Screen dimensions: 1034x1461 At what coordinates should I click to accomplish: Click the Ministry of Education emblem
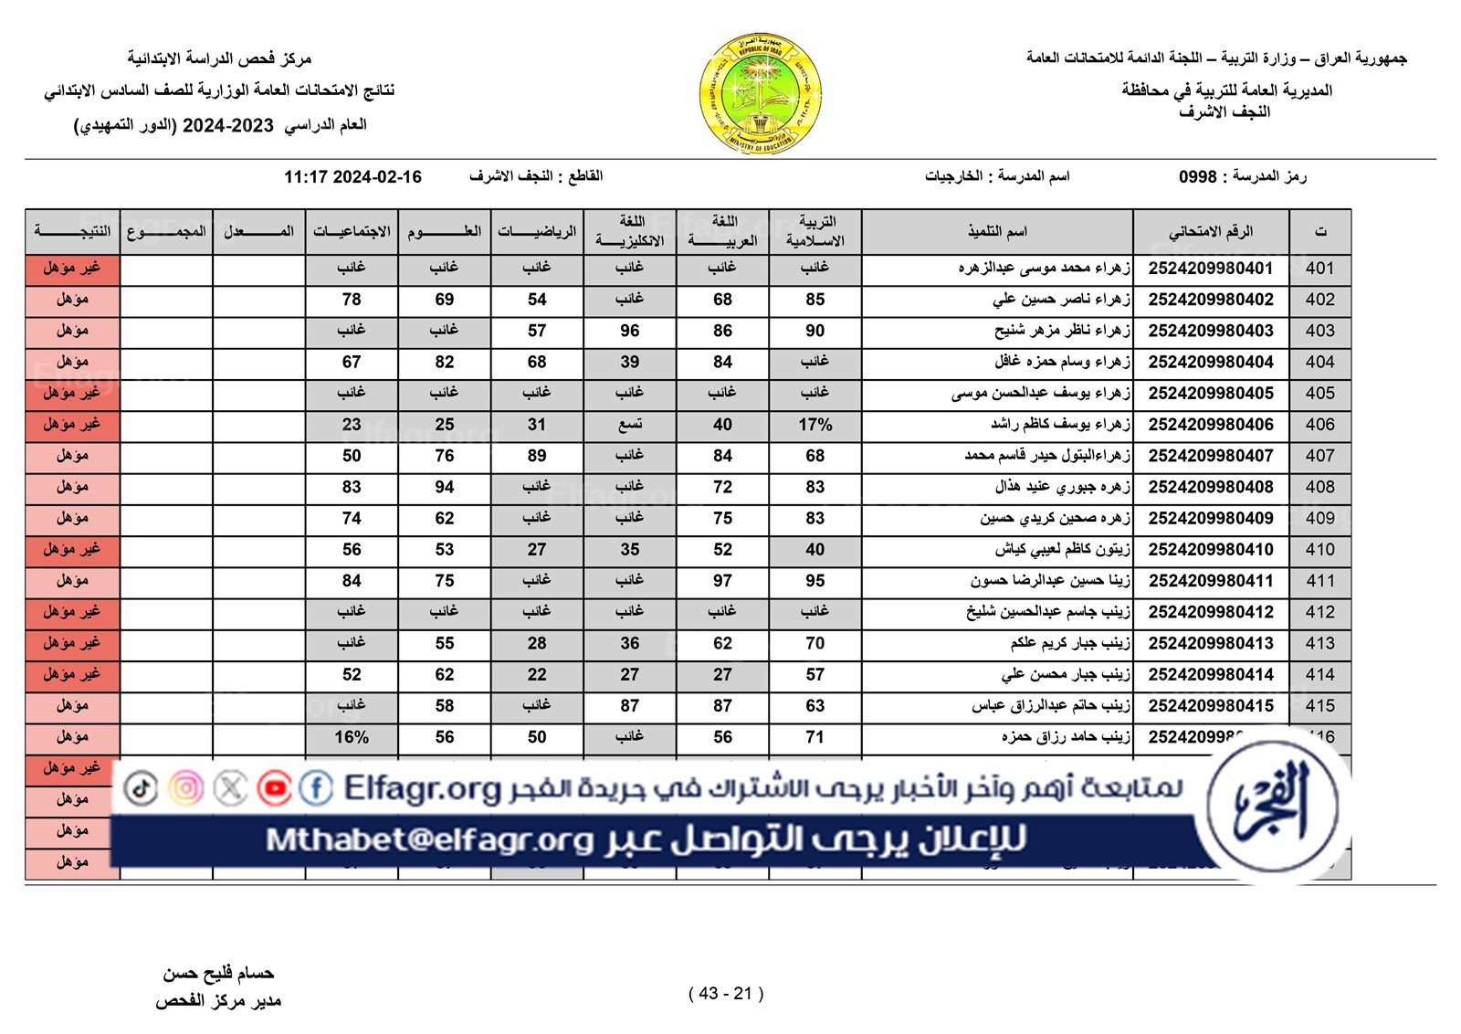[x=761, y=93]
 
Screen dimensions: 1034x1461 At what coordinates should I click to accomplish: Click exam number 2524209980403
[x=1210, y=331]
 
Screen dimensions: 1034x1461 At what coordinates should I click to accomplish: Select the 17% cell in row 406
[x=815, y=425]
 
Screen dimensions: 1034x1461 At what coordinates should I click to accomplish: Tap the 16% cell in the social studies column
[x=352, y=737]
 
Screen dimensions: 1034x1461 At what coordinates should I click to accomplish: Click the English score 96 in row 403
[x=629, y=331]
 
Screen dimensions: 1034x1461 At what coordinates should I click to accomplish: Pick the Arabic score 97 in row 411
[x=722, y=581]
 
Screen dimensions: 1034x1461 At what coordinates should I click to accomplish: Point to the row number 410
[x=1319, y=550]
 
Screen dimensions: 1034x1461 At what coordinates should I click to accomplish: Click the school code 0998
[x=1197, y=176]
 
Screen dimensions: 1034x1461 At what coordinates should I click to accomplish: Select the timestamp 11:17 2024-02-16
[x=352, y=177]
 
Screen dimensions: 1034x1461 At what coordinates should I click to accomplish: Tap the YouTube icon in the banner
[x=274, y=787]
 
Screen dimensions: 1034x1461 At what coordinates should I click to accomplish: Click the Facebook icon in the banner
[x=316, y=787]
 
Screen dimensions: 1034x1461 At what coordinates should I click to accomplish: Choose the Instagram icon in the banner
[x=186, y=787]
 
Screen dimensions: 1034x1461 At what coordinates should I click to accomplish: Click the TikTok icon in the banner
[x=141, y=787]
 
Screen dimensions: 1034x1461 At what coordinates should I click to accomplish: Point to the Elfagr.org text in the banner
[x=422, y=787]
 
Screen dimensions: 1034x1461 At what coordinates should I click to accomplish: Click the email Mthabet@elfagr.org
[x=429, y=839]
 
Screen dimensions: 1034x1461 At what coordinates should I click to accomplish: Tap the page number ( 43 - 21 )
[x=726, y=994]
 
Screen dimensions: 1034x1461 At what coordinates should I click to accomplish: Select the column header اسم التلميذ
[x=997, y=232]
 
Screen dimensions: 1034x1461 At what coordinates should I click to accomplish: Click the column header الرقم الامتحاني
[x=1210, y=232]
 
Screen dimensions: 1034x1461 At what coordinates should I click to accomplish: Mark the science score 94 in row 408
[x=444, y=487]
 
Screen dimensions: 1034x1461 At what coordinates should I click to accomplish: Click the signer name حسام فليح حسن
[x=218, y=974]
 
